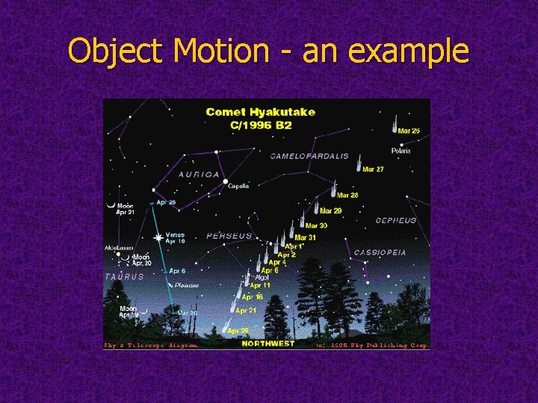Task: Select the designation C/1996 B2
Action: [x=261, y=125]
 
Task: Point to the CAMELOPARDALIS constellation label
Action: [x=309, y=157]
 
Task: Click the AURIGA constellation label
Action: [x=199, y=174]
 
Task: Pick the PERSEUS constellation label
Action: [x=229, y=236]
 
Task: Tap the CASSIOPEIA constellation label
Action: [x=380, y=252]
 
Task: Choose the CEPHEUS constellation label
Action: [x=396, y=221]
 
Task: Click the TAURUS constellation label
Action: [x=125, y=276]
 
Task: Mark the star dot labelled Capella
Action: [x=224, y=181]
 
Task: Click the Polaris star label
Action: [x=401, y=150]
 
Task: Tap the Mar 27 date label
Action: [x=373, y=169]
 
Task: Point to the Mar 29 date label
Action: [x=331, y=211]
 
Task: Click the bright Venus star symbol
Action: [x=158, y=238]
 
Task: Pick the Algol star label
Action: [x=262, y=277]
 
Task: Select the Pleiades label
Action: [x=186, y=285]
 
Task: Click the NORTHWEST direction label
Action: [x=268, y=344]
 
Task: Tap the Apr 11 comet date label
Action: [x=260, y=286]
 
